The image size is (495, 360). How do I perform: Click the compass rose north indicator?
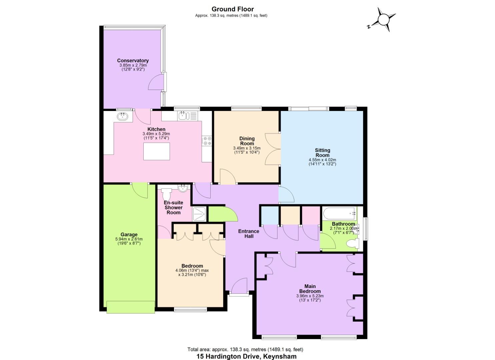(383, 19)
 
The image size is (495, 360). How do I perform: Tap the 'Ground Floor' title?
(233, 9)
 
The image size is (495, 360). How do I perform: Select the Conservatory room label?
(133, 61)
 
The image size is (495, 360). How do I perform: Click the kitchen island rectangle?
(156, 151)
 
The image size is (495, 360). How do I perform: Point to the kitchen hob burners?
(207, 141)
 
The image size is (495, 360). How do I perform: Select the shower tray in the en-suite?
(200, 214)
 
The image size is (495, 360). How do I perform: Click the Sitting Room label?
(322, 153)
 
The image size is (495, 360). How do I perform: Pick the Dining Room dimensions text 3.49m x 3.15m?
(247, 148)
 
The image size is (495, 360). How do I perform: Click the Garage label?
(129, 234)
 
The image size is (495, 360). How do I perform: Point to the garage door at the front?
(131, 307)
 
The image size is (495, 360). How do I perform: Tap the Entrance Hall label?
(249, 233)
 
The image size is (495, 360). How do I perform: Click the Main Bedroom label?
(310, 289)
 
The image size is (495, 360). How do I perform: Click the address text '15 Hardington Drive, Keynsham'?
(246, 356)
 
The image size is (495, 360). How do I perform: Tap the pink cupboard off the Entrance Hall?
(311, 215)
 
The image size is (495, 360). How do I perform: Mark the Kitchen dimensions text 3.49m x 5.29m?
(156, 134)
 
